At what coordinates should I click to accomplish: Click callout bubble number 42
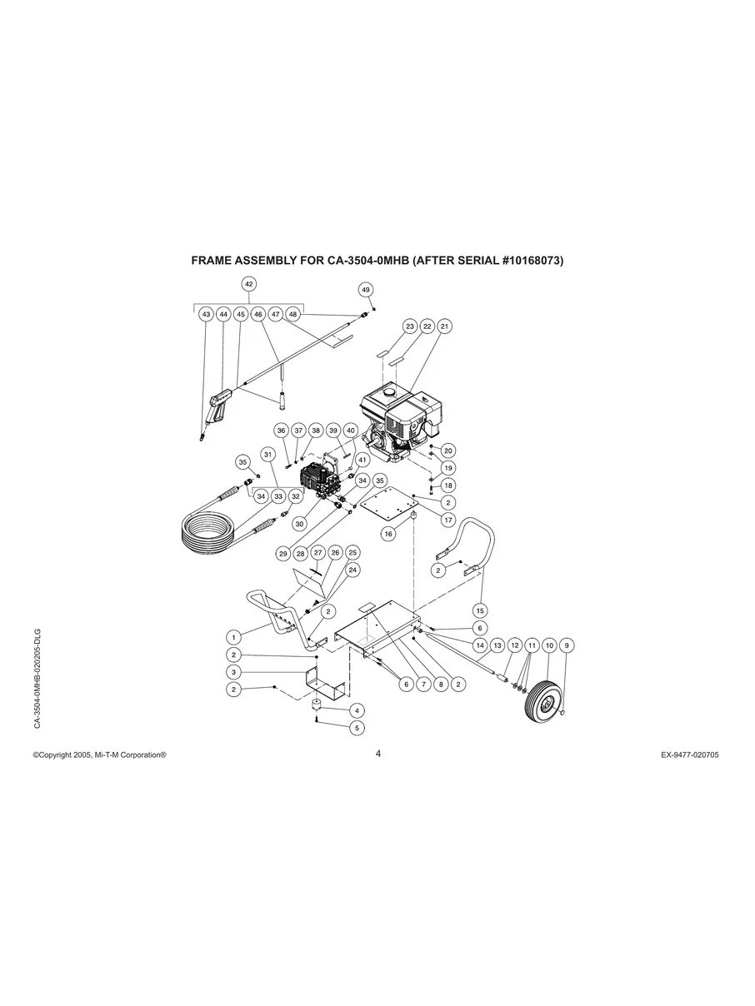[x=248, y=284]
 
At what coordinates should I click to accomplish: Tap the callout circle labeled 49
[x=366, y=289]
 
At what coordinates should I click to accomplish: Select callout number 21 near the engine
[x=444, y=326]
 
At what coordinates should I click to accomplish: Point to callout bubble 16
[x=388, y=534]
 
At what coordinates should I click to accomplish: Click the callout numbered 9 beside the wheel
[x=567, y=645]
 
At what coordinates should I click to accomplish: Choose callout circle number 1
[x=235, y=637]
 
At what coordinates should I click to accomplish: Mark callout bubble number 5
[x=357, y=727]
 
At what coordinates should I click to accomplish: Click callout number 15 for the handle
[x=480, y=610]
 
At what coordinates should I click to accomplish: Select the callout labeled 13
[x=497, y=645]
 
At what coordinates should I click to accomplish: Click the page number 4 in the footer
[x=377, y=754]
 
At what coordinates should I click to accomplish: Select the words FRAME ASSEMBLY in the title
[x=241, y=261]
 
